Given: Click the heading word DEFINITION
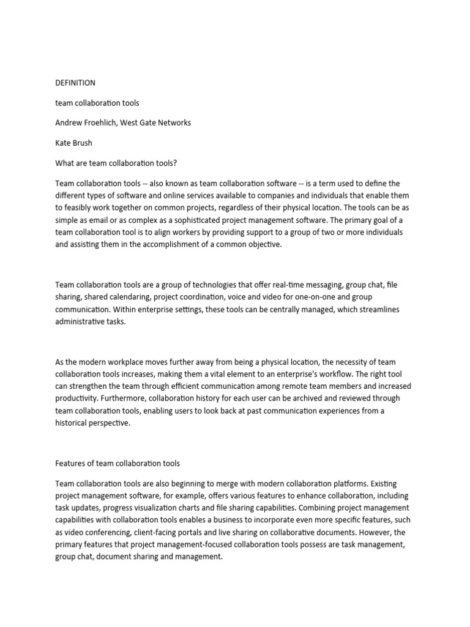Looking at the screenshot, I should (x=75, y=83).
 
